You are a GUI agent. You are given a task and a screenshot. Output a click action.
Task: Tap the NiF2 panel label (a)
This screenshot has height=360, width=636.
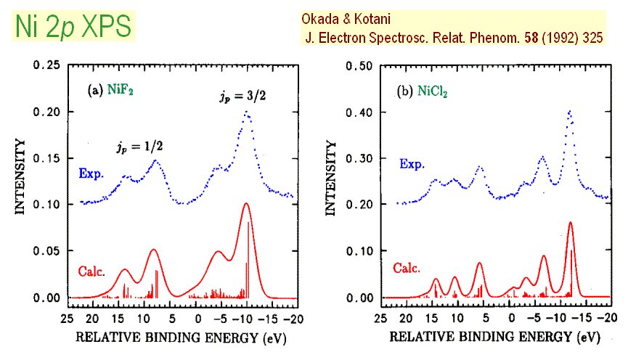114,91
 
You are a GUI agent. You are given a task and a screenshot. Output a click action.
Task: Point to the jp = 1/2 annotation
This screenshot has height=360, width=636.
139,147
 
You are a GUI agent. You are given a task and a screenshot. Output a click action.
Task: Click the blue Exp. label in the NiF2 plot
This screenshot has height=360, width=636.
91,174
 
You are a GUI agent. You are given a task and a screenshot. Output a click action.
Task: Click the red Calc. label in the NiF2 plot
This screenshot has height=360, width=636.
91,273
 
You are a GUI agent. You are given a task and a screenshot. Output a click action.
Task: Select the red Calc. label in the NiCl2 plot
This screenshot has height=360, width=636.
407,268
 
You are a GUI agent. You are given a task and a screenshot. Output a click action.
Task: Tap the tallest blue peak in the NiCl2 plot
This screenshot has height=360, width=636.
569,112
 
